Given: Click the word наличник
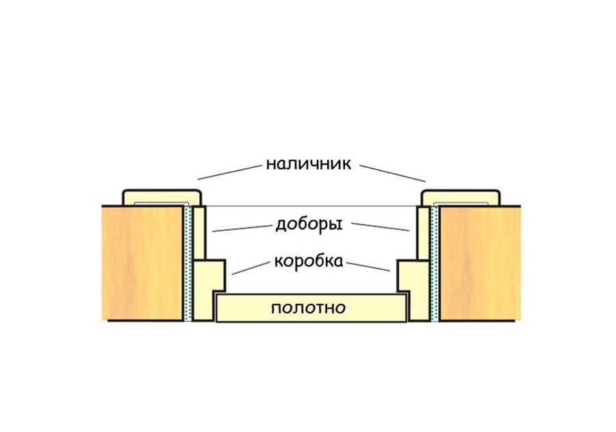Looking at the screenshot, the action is coord(309,164).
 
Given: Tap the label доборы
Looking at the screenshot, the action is coord(309,225).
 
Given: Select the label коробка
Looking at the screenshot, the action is coord(309,261).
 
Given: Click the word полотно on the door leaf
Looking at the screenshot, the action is coord(309,308).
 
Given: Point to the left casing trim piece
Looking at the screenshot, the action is coord(162,198).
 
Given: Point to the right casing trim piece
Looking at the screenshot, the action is coord(461,198).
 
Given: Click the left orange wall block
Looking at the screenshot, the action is coord(142,263).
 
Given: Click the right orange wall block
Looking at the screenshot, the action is coord(480,263).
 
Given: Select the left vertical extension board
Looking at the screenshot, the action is coord(199,233).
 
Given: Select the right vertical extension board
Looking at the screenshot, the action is coord(424,233).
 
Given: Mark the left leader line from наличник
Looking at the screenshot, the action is coord(229,173).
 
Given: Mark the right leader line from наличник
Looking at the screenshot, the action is coord(393,173).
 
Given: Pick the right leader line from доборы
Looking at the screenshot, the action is coord(381,227).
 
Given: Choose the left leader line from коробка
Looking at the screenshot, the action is coord(251,268).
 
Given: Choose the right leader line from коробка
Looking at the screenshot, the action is coord(368,267).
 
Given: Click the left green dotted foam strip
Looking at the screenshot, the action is coord(188,263).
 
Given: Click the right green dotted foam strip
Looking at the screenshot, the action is coord(435,263).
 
